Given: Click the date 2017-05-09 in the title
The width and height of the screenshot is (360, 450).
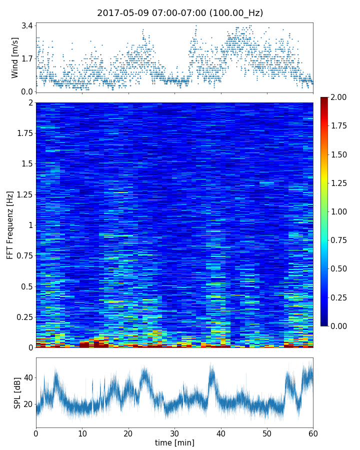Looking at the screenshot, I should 120,13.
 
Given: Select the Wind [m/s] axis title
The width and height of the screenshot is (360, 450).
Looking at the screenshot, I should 15,57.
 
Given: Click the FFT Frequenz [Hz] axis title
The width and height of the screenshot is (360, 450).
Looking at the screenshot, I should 10,225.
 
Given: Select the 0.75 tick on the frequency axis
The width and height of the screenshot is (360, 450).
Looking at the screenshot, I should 23,255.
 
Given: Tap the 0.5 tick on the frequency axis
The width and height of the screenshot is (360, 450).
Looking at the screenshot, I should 26,286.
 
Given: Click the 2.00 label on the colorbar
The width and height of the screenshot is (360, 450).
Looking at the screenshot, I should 340,97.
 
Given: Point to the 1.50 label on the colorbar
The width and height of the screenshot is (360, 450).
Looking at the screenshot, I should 340,154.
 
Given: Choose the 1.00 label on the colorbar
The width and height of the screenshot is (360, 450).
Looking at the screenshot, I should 340,211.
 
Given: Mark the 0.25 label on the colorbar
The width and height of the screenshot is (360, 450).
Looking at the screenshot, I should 340,297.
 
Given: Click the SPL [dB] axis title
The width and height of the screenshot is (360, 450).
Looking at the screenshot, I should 17,392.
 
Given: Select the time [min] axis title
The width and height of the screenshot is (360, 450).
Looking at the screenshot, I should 174,442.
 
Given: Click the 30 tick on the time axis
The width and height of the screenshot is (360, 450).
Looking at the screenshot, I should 174,432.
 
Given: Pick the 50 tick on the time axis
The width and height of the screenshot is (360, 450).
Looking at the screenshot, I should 267,432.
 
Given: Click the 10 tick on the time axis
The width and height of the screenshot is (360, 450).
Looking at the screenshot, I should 82,432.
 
